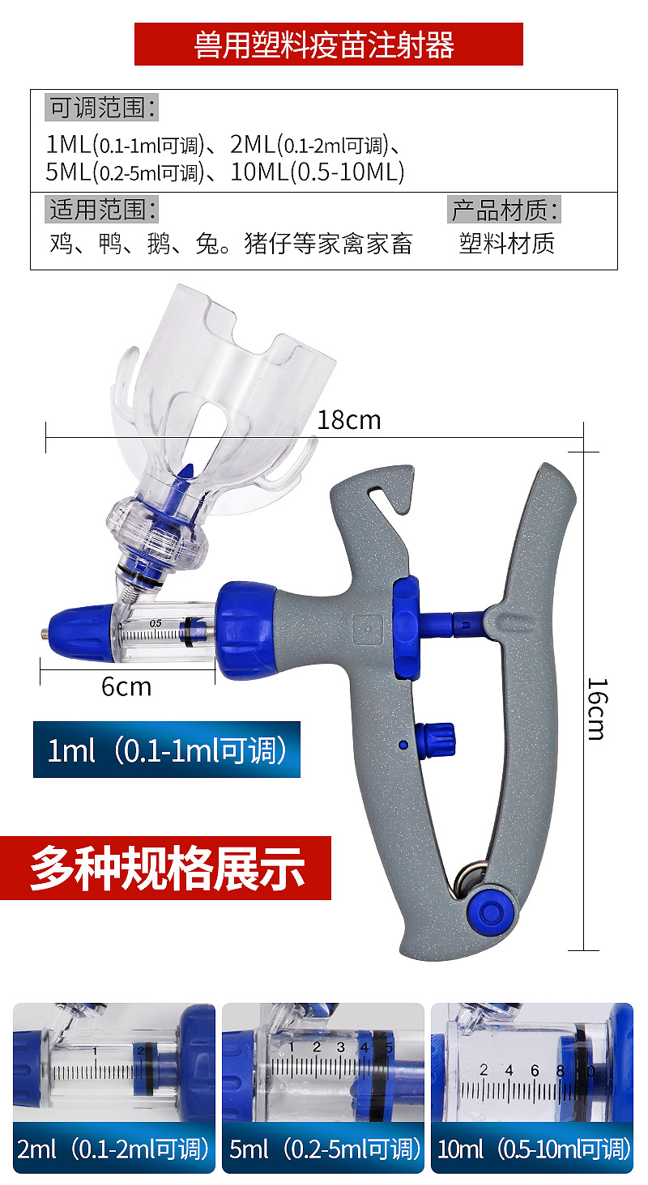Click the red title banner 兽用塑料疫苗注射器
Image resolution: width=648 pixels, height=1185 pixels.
click(328, 44)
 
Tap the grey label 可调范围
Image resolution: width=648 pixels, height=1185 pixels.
click(102, 107)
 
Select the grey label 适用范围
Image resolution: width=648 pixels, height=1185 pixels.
click(102, 210)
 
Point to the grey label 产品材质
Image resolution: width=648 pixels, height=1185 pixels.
click(505, 210)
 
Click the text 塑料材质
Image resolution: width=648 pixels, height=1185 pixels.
click(507, 244)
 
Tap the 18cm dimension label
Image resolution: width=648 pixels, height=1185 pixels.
click(348, 420)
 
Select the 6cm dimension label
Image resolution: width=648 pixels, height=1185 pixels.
click(126, 686)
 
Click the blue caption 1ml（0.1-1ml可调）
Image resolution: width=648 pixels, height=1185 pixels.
click(167, 750)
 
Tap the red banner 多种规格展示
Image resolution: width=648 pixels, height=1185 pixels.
click(166, 868)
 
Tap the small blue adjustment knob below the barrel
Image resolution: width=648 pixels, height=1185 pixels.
click(435, 738)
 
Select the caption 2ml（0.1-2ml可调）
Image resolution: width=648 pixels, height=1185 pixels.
click(113, 1148)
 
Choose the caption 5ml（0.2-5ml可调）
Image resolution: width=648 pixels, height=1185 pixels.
click(323, 1148)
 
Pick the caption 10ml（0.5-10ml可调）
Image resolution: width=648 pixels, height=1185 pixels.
click(532, 1148)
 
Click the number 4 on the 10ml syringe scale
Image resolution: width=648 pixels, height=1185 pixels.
click(509, 1070)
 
